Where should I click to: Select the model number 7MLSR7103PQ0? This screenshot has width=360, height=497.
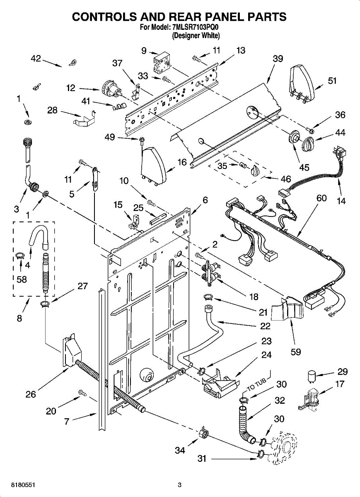195,27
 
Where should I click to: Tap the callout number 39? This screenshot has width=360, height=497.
278,58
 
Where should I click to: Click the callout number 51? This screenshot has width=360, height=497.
332,81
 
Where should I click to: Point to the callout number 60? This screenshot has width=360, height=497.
321,198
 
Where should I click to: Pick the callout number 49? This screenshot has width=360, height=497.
110,137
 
